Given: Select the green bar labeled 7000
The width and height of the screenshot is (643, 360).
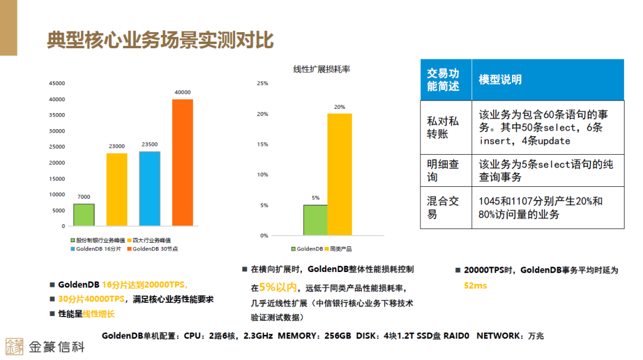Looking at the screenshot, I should point(84,215).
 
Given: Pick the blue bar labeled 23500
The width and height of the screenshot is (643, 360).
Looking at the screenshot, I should point(150,189).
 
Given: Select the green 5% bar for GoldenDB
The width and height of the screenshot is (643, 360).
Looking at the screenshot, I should point(315,220).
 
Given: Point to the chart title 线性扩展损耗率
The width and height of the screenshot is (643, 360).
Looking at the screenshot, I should point(322,69).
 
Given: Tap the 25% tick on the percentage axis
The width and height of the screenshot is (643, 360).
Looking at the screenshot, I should point(263,83).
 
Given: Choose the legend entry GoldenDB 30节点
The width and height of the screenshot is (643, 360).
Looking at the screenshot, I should point(155,249).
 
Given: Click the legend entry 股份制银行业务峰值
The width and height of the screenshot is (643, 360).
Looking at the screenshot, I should point(95,240).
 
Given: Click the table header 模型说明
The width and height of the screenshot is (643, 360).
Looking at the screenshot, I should point(500,80).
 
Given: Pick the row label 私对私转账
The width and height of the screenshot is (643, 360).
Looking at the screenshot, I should point(443,127).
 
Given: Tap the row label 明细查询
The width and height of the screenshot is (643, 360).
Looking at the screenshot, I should point(443,171).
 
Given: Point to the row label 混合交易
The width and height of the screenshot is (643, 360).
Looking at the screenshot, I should point(443,208).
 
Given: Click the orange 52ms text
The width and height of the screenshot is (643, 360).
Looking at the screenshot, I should point(475,286).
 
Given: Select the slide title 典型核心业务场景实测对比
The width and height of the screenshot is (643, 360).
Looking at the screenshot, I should point(160,40).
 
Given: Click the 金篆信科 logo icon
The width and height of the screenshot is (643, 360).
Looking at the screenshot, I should point(14,346).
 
